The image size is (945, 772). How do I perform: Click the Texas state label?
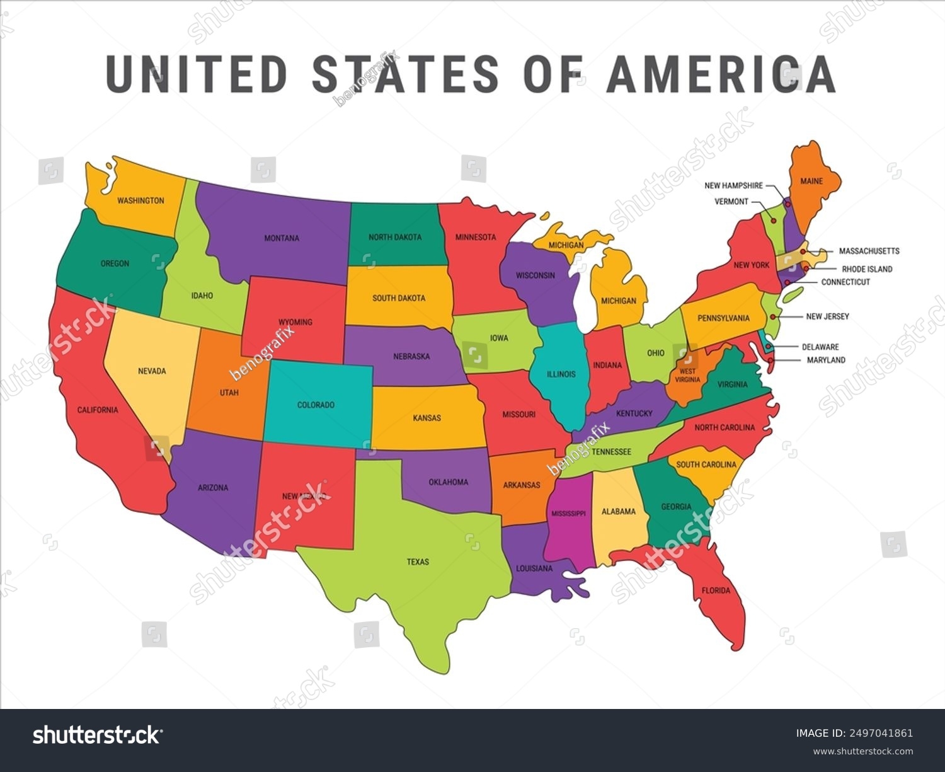[x=418, y=562]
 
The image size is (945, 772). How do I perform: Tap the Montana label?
[x=282, y=238]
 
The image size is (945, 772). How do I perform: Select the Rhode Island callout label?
[x=867, y=269]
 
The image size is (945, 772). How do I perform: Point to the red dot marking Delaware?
[x=767, y=346]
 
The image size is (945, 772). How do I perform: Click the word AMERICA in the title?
[x=721, y=74]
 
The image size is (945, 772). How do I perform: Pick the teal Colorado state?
[x=316, y=405]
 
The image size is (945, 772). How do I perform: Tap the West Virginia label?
[x=687, y=376]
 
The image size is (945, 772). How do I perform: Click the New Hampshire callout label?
[x=733, y=186]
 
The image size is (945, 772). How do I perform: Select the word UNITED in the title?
[x=196, y=74]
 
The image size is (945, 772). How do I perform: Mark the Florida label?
[x=716, y=591]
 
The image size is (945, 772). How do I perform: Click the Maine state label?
[x=811, y=181]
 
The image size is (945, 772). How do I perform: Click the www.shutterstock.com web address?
[x=862, y=751]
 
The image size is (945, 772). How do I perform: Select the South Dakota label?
[x=399, y=297]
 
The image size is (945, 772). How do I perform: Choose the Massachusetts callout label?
[x=869, y=251]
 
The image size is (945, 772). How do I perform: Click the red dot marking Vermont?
[x=774, y=221]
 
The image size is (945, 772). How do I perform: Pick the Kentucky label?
[x=634, y=413]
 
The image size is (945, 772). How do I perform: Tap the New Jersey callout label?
[x=827, y=316]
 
